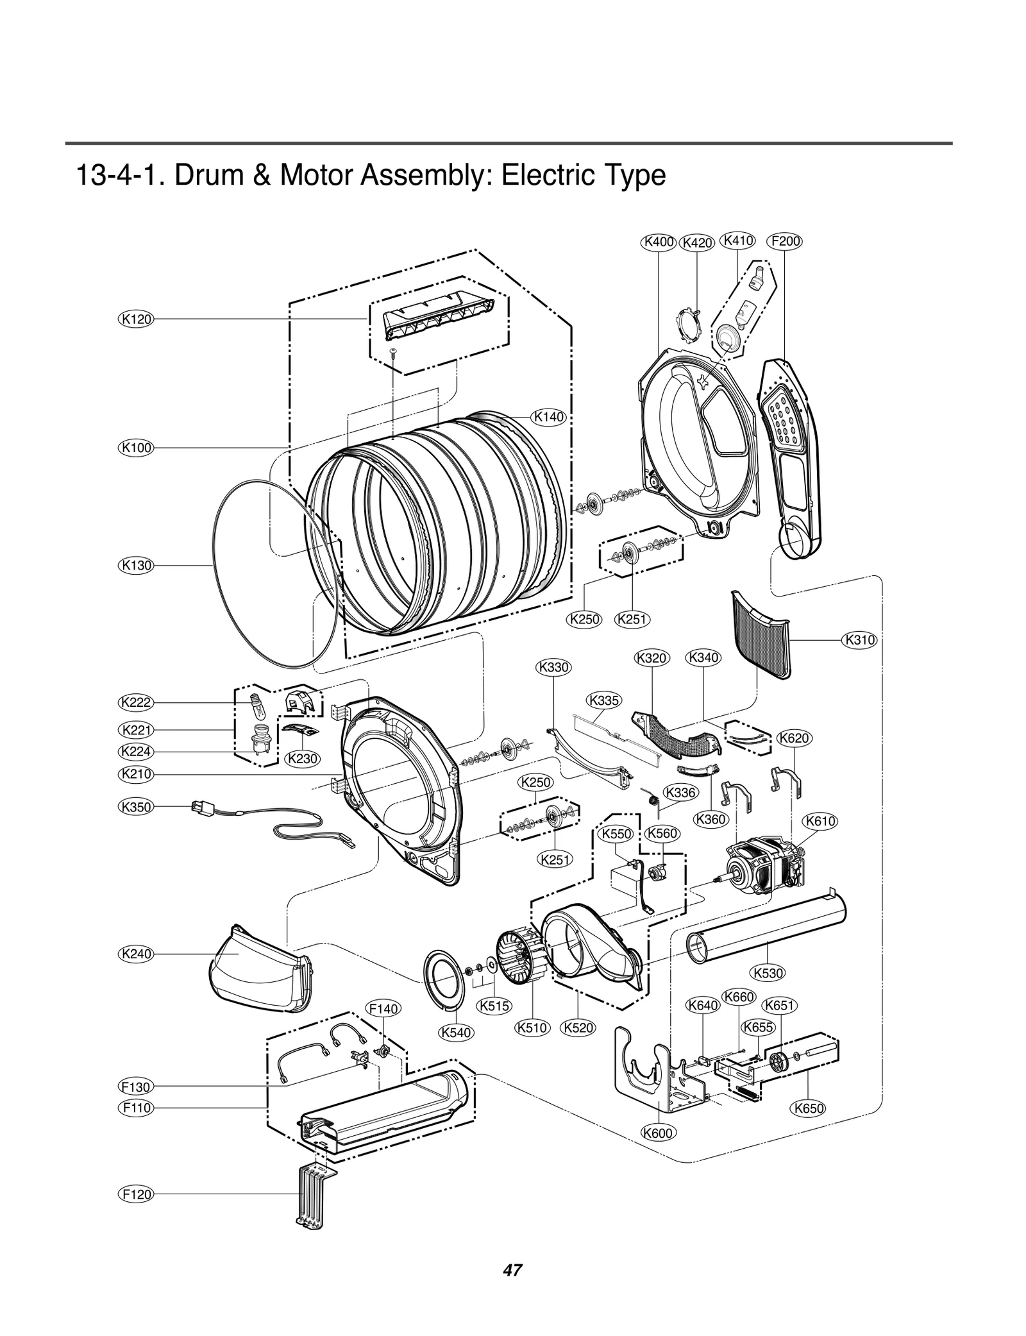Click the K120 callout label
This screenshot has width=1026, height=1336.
137,319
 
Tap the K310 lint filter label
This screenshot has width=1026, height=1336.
859,639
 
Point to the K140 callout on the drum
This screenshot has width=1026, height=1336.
550,417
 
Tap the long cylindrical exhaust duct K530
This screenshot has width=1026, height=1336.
766,927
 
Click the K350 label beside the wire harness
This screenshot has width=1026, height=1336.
137,806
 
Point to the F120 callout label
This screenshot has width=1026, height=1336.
137,1194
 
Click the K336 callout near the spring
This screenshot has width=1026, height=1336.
680,793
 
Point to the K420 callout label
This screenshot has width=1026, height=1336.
696,243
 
